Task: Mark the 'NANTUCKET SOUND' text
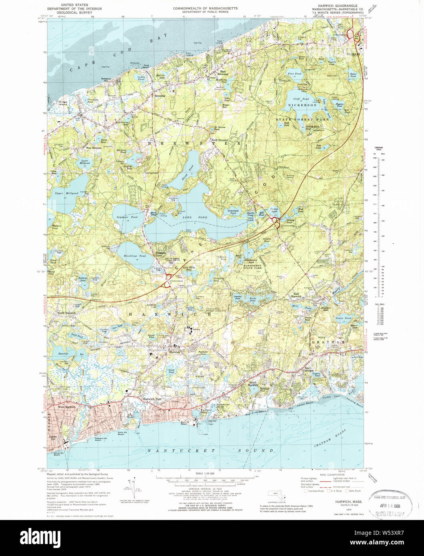(212, 450)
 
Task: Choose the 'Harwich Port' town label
(150, 399)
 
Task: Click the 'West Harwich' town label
(67, 407)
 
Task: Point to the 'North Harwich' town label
(66, 313)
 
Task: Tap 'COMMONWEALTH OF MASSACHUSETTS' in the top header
(205, 8)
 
